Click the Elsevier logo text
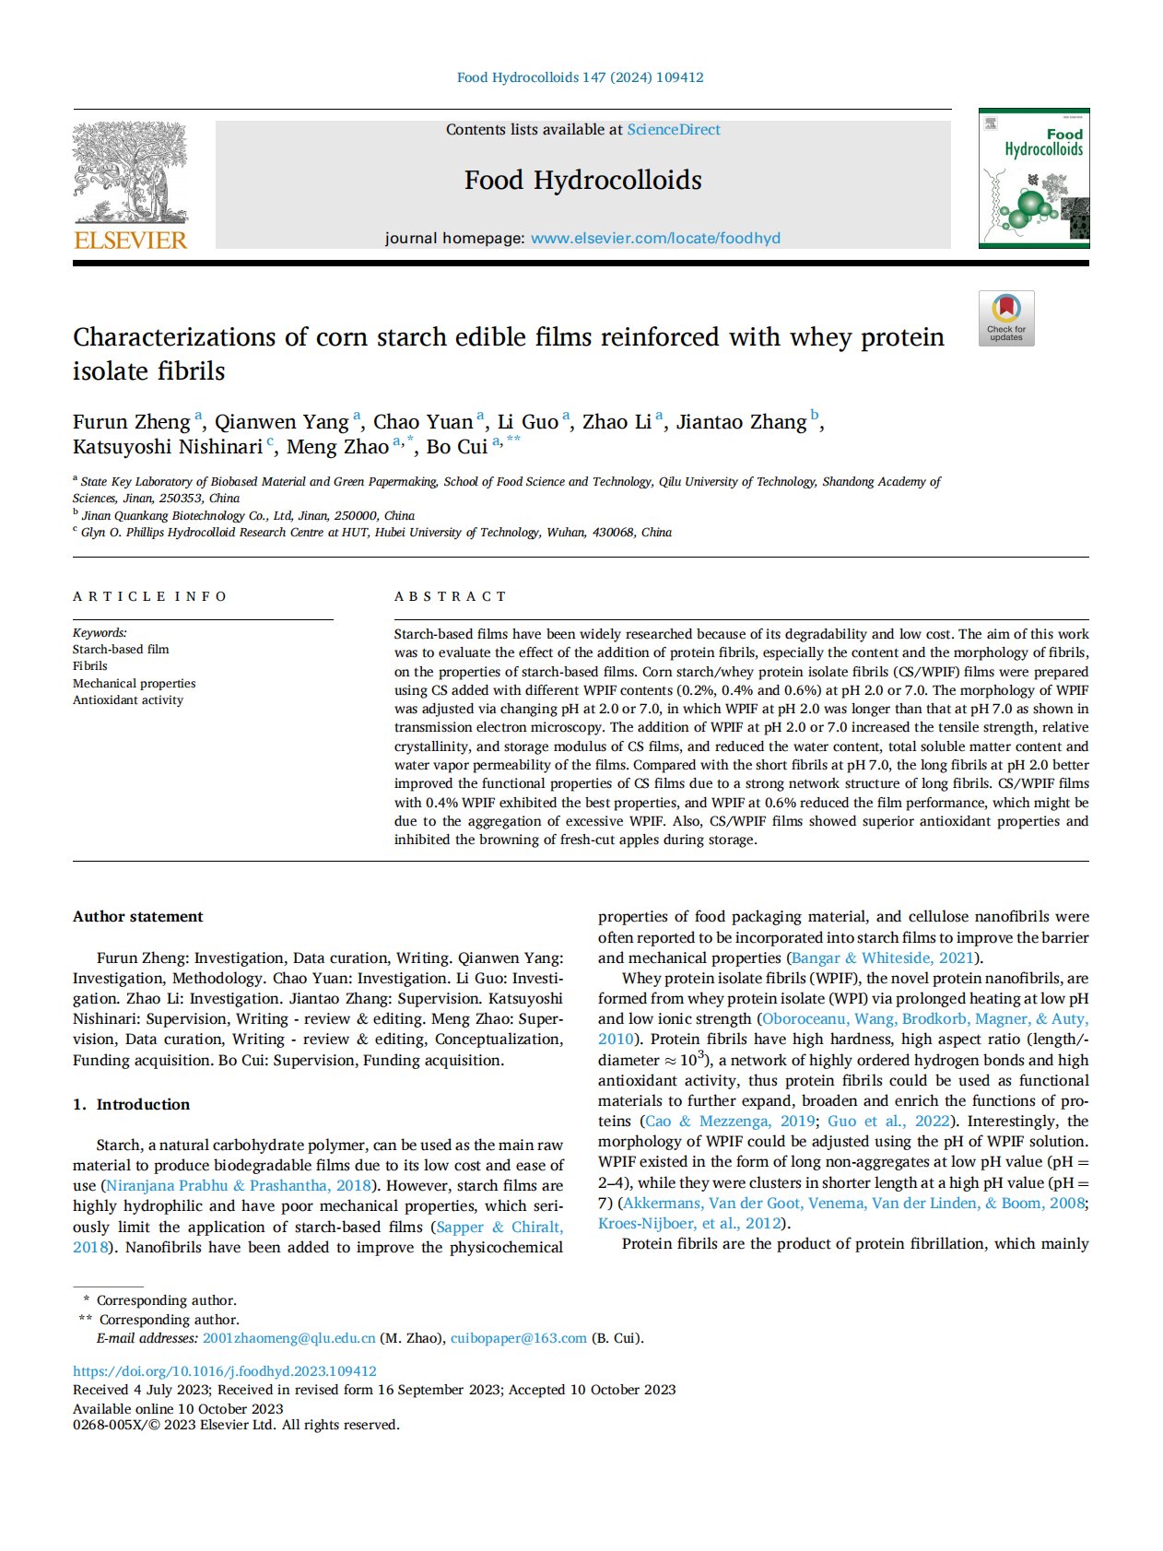[130, 241]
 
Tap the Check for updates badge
[1006, 319]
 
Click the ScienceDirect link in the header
[674, 130]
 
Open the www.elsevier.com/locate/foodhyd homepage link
[655, 238]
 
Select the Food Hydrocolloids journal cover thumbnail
[1034, 178]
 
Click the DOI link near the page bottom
[225, 1371]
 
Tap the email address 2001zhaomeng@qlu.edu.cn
[289, 1338]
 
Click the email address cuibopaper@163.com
[519, 1338]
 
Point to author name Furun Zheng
[132, 422]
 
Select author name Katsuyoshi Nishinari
[168, 447]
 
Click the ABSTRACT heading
[451, 596]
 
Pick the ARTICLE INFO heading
[149, 596]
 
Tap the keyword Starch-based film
[121, 650]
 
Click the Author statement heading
[138, 916]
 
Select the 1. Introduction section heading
[132, 1104]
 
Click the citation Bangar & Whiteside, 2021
[883, 958]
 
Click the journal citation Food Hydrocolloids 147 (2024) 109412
[581, 77]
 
